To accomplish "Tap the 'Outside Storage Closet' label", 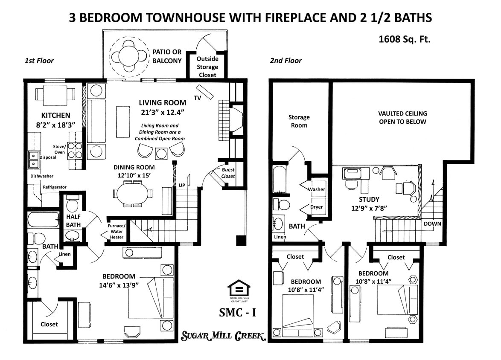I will pos(207,67).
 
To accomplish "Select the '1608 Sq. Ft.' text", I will pos(405,39).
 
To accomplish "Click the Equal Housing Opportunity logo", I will pos(239,290).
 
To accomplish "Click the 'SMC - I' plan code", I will pos(238,312).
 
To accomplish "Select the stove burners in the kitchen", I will pos(75,150).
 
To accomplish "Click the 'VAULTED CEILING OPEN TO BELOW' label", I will pos(402,118).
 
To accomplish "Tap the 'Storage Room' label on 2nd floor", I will pos(299,121).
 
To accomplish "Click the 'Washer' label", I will pos(316,189).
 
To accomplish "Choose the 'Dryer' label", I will pos(316,207).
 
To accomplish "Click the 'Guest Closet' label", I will pos(228,173).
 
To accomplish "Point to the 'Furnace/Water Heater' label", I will pos(117,232).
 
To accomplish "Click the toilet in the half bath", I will pos(72,205).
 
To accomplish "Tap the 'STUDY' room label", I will pos(369,199).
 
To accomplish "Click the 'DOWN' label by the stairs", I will pos(432,224).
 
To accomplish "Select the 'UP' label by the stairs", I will pos(181,185).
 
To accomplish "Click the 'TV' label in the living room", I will pos(197,98).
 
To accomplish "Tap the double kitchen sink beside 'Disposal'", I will pos(32,160).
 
